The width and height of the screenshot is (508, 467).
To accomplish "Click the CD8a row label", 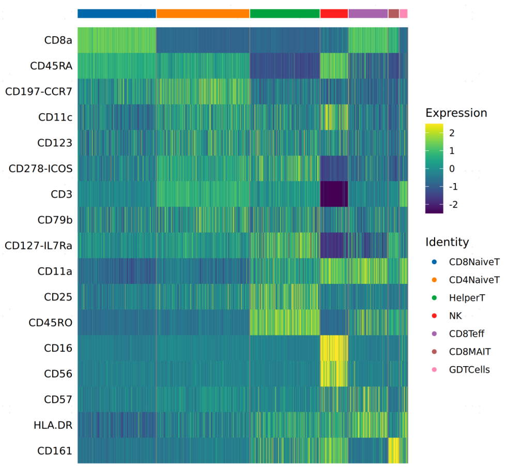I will click(x=58, y=40).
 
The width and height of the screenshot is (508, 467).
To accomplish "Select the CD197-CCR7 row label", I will click(x=39, y=92).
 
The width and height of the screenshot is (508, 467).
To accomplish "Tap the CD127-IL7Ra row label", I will click(x=39, y=245).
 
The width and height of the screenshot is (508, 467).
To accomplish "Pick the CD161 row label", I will click(x=54, y=450).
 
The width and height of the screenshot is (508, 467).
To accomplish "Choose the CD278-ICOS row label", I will click(x=41, y=168).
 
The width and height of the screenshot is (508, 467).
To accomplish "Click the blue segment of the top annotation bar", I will click(x=117, y=13).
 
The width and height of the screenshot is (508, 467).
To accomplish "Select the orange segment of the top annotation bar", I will click(x=203, y=13).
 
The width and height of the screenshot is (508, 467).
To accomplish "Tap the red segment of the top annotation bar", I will click(x=334, y=13).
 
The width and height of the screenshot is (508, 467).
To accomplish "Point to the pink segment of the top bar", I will click(x=404, y=13).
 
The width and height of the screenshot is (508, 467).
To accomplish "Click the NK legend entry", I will click(x=455, y=316).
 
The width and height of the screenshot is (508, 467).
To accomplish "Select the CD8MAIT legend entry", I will click(x=470, y=352).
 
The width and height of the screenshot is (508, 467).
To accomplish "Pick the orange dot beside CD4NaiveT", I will click(x=434, y=280).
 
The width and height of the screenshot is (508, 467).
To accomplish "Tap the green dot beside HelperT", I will click(x=434, y=298).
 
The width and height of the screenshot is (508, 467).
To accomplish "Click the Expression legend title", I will click(x=456, y=113).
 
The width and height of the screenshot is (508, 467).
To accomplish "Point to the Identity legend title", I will click(x=448, y=242).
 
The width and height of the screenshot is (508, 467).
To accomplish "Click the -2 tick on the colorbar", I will click(x=453, y=205).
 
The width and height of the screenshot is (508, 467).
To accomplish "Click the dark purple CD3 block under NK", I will click(x=334, y=194).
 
